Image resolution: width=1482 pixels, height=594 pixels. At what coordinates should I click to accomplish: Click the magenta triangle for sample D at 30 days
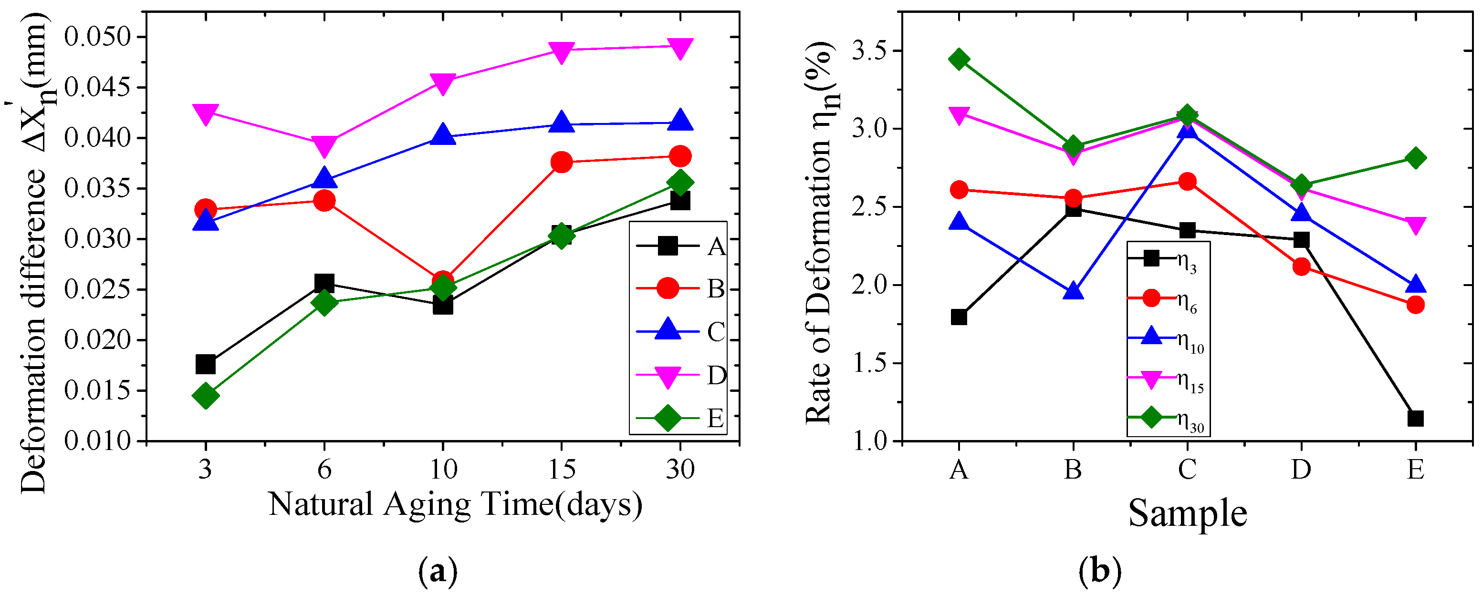pos(680,48)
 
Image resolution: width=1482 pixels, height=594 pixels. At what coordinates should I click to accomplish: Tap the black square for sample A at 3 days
pos(205,364)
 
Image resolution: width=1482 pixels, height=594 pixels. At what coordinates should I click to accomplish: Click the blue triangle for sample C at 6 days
pos(324,178)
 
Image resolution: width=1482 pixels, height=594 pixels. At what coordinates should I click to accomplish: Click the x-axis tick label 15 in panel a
pos(562,470)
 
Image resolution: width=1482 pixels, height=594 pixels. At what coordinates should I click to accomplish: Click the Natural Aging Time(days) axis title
pos(455,505)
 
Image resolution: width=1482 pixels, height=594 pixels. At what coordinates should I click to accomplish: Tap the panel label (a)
pos(438,572)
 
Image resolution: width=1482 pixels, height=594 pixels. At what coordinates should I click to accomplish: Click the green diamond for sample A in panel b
pos(959,59)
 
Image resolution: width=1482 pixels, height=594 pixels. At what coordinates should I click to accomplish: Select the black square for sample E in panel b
pos(1415,418)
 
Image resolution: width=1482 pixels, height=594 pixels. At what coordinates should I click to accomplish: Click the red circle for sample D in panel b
pos(1301,266)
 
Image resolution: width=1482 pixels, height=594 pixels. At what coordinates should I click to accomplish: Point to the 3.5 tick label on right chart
pos(871,51)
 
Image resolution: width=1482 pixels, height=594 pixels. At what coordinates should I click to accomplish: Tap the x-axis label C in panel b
pos(1187,470)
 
